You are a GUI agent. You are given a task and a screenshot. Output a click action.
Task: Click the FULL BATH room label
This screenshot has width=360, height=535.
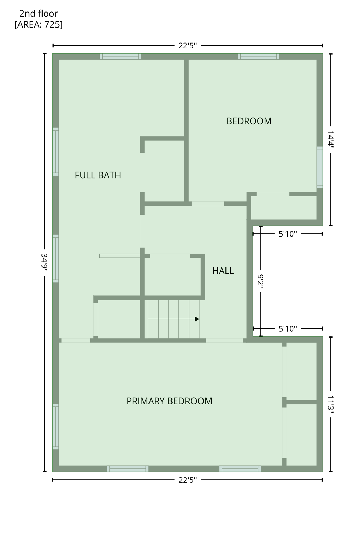98,175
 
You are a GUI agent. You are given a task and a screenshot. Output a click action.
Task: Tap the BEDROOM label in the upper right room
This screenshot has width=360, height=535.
249,121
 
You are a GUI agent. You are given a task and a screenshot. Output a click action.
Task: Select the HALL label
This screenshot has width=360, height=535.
223,271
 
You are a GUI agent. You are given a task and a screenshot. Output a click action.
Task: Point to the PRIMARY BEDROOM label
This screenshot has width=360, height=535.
169,401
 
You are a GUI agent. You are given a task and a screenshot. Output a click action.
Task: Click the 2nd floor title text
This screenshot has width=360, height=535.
38,14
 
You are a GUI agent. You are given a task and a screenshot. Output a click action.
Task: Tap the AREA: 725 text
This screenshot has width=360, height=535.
39,24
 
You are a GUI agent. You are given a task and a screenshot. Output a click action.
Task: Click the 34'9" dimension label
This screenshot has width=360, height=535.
44,263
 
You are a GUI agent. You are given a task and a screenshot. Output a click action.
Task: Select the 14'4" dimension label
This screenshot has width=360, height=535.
330,140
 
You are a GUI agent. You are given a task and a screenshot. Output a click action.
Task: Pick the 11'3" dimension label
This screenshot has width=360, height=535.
330,404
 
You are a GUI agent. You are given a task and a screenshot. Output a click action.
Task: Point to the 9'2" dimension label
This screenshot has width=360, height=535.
261,280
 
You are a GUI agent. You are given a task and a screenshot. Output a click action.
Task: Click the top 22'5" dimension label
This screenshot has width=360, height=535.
187,46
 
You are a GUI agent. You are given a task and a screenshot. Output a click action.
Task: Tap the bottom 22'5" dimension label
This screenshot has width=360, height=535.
187,480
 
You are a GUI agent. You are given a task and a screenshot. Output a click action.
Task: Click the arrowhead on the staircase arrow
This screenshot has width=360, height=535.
197,319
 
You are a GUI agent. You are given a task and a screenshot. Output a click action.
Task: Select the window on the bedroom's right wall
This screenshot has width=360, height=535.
320,167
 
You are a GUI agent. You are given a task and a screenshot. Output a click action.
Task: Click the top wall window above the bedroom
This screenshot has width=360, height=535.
259,56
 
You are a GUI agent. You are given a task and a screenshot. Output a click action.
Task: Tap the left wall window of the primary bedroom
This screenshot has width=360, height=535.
55,427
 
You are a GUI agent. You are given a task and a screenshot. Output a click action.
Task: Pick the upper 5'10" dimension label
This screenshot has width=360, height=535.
288,234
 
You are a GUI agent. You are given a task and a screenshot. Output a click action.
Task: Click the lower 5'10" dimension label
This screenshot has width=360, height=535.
288,329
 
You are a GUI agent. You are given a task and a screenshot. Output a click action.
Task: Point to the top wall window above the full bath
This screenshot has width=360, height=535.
121,56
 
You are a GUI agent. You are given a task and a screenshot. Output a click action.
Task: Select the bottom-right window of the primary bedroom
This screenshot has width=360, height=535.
240,468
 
